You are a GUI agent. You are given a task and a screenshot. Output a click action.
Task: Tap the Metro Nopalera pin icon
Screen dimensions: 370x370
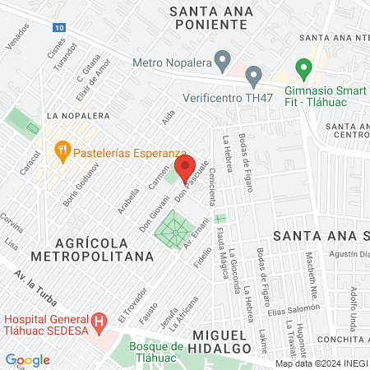(221, 59)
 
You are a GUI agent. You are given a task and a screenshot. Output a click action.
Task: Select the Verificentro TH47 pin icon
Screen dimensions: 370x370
(254, 77)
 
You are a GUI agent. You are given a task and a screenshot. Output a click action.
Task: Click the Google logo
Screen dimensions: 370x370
(27, 359)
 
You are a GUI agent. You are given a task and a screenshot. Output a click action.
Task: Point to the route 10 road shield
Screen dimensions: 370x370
(58, 27)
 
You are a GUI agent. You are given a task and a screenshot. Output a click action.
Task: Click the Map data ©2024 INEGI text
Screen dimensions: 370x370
(321, 363)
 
